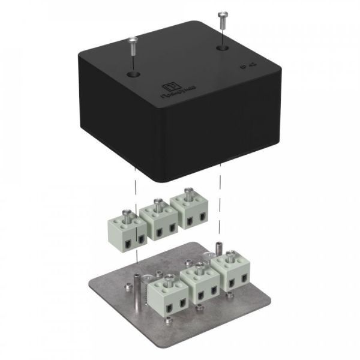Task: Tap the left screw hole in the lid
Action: [x=131, y=74]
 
